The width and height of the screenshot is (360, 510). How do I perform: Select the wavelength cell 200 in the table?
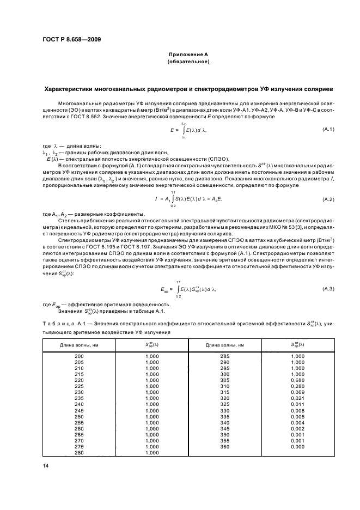[x=79, y=356]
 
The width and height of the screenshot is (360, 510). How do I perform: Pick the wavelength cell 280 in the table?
[x=79, y=452]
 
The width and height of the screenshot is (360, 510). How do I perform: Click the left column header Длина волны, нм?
[x=79, y=344]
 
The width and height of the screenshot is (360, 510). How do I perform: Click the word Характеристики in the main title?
[x=77, y=89]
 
